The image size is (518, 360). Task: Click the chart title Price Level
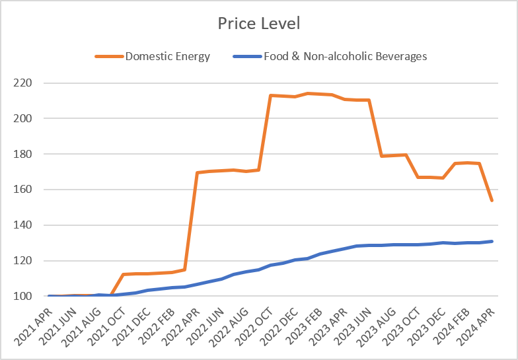(x=259, y=24)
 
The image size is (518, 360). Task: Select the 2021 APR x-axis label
(x=34, y=323)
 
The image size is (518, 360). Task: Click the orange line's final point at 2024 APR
(x=492, y=201)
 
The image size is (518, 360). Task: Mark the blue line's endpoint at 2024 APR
(x=492, y=241)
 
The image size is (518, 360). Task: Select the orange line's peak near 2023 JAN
(x=307, y=93)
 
